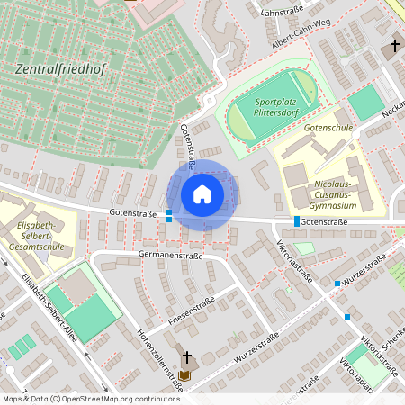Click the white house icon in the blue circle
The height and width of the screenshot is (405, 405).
pos(202,193)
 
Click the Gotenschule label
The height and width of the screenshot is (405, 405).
pos(328,129)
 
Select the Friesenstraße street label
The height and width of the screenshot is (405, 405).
pos(192,310)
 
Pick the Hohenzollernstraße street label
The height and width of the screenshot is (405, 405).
pos(158,360)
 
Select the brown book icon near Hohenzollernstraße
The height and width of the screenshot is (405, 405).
pos(184,374)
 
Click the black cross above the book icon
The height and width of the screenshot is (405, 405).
pos(187,357)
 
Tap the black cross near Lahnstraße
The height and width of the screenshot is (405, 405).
pos(394,46)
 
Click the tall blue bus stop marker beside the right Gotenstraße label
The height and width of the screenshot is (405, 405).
pos(297,220)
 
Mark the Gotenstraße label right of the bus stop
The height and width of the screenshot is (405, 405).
pos(324,220)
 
